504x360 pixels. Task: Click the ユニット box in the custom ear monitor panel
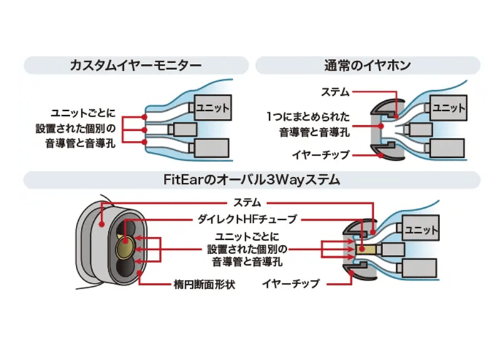[213, 107]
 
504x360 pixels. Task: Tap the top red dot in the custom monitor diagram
[145, 117]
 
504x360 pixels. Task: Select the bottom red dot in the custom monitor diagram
[145, 143]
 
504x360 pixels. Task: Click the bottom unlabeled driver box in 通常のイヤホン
[446, 149]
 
